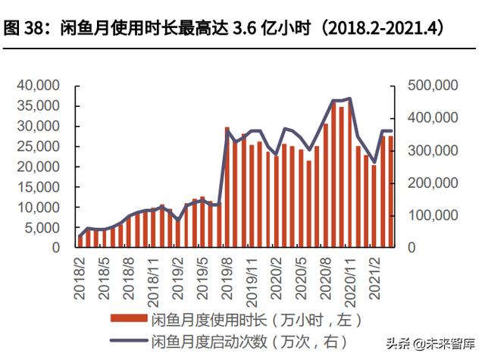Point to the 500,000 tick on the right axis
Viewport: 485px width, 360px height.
point(433,86)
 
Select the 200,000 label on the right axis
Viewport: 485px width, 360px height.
point(433,183)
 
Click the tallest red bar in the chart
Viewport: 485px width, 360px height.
point(333,174)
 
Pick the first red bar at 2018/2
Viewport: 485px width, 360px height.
point(80,241)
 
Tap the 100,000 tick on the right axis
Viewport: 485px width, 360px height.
point(433,215)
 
